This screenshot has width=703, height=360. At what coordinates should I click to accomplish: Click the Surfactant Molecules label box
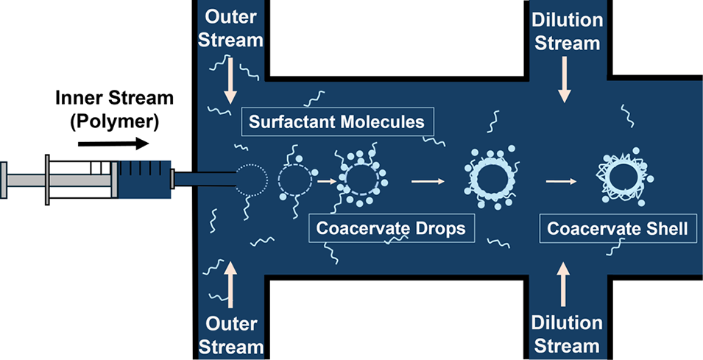(x=336, y=121)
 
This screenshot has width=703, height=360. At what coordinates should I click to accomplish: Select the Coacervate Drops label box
(x=391, y=228)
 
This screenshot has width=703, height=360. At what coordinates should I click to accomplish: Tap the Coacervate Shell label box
(x=617, y=229)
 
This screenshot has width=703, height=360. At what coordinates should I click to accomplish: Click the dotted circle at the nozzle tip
(x=251, y=178)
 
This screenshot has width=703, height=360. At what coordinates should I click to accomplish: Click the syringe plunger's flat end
(x=4, y=178)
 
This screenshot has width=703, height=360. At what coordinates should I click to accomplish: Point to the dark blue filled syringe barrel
(x=144, y=178)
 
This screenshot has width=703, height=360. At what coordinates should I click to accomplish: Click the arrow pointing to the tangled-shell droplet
(x=562, y=178)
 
